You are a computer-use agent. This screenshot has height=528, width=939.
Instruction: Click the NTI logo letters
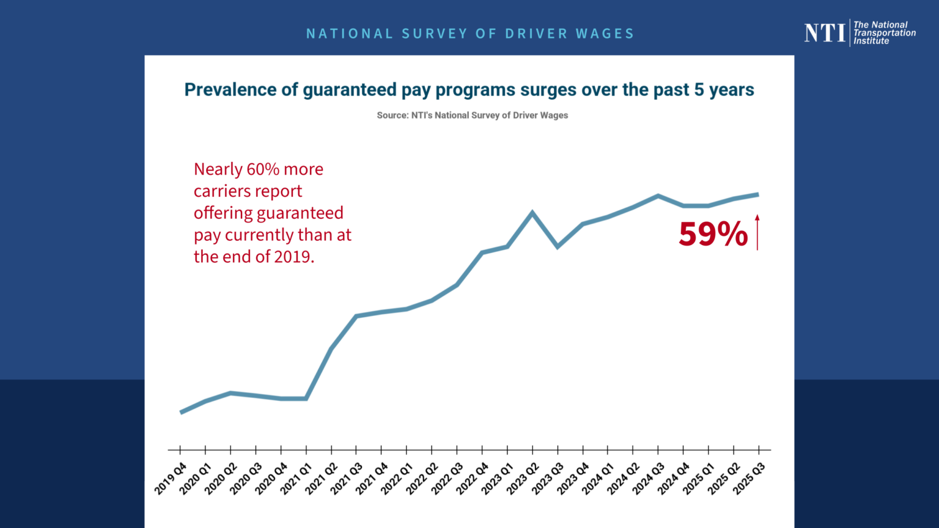point(825,32)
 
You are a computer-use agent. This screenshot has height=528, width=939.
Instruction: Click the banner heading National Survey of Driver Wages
point(470,34)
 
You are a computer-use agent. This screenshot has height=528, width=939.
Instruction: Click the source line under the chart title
point(472,116)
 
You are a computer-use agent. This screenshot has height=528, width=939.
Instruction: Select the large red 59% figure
point(713,234)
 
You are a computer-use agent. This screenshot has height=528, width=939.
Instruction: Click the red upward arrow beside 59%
point(757,232)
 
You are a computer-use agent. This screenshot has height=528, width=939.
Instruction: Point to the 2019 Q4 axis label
point(170,479)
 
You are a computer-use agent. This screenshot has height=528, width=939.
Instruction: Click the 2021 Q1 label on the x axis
point(296,479)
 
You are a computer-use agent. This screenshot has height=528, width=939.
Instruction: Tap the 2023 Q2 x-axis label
point(522,479)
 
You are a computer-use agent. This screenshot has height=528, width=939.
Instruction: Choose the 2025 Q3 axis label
point(749,479)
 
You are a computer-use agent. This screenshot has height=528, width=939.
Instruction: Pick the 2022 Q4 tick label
point(472,479)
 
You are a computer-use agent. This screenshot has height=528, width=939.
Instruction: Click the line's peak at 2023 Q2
point(532,213)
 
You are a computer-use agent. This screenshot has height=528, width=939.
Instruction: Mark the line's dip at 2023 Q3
point(558,246)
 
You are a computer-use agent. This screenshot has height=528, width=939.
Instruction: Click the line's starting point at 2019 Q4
point(181,413)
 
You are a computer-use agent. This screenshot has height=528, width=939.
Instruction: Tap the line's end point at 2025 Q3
point(758,195)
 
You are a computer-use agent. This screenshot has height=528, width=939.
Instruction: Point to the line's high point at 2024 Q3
point(658,196)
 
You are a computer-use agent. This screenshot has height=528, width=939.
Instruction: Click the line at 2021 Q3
point(356,316)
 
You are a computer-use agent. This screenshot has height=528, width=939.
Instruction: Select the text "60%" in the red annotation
point(263,169)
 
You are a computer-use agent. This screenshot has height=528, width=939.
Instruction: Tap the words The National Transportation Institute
point(885,32)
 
